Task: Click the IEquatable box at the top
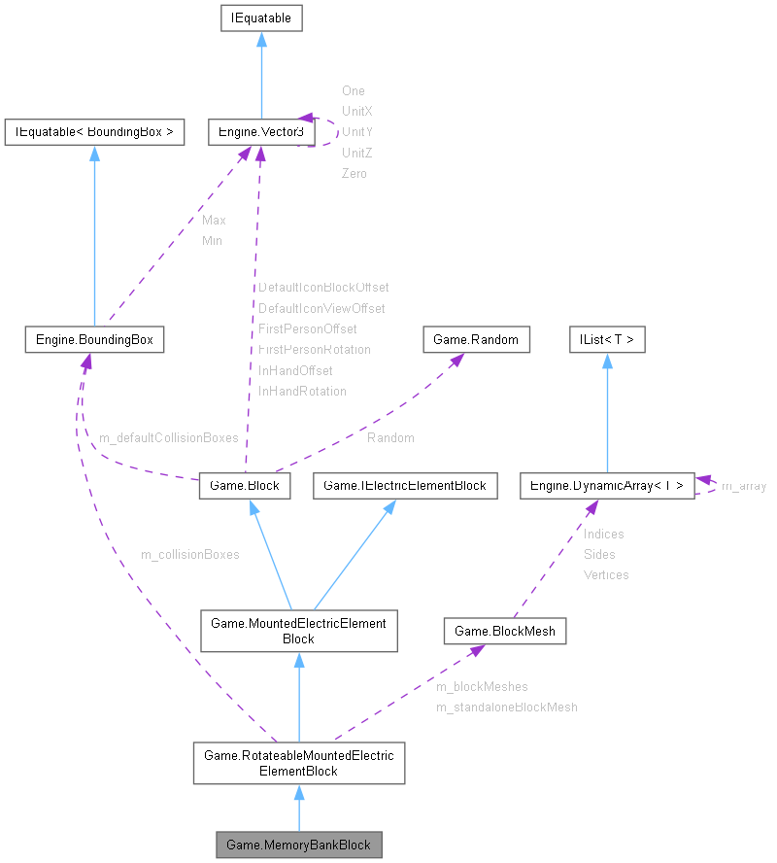coord(261,17)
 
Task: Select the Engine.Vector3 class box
coord(256,132)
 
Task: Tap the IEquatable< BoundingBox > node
coord(94,132)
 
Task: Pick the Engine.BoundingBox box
coord(93,339)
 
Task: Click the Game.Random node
coord(476,339)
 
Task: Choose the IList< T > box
coord(607,339)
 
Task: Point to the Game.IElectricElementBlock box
coord(405,485)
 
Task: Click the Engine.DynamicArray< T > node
coord(607,485)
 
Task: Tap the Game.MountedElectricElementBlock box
coord(298,631)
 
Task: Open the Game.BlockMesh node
coord(505,631)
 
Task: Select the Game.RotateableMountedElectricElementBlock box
coord(298,763)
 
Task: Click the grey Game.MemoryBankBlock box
coord(298,845)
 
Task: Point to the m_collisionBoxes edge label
coord(190,555)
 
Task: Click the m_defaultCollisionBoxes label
coord(168,438)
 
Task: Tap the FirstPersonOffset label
coord(307,329)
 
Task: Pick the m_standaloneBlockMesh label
coord(506,708)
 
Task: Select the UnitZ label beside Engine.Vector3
coord(356,153)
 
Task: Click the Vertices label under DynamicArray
coord(605,575)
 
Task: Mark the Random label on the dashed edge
coord(390,438)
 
